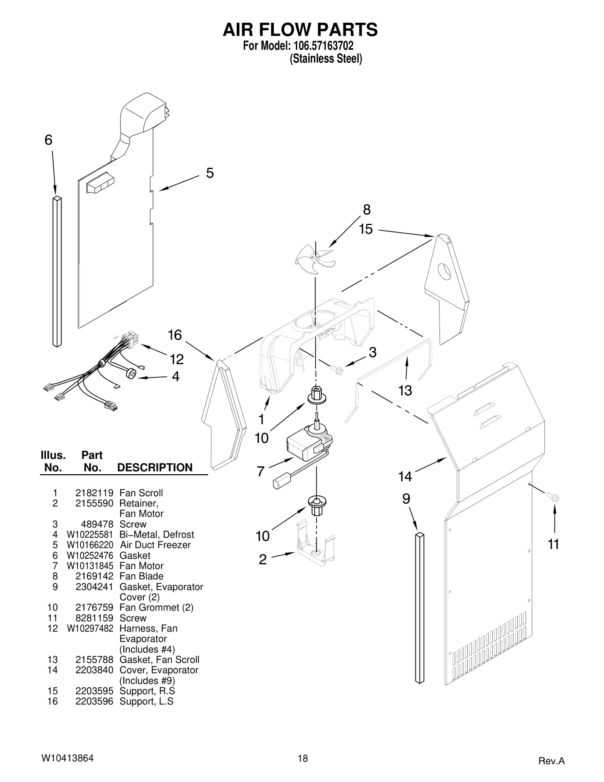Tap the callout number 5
coord(210,173)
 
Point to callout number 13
coord(405,390)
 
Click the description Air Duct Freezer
coord(155,545)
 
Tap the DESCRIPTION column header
coord(155,467)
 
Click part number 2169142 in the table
coord(94,576)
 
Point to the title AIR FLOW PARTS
coord(300,30)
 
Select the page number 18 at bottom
coord(302,758)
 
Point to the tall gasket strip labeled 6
coord(57,271)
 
